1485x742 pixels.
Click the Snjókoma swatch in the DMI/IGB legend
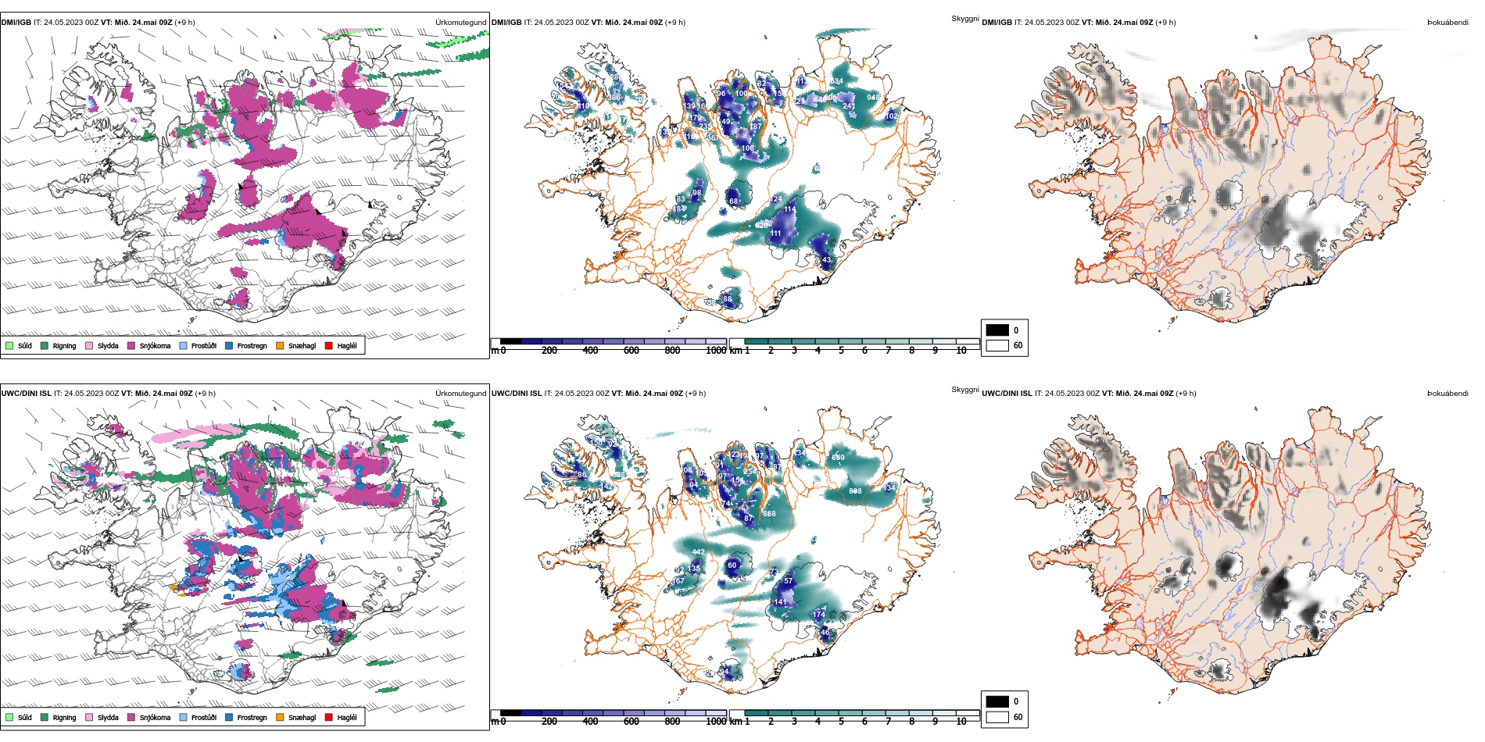(x=131, y=345)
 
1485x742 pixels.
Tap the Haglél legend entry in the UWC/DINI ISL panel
(x=329, y=717)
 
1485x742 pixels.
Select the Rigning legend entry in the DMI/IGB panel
(x=45, y=345)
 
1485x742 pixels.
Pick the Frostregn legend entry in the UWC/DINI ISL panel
(x=229, y=717)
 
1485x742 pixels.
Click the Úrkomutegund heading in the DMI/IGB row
(x=460, y=23)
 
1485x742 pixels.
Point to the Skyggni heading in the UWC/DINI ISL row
(x=964, y=389)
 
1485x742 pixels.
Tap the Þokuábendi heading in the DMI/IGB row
(x=1447, y=23)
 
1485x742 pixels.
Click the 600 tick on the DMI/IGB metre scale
(x=632, y=351)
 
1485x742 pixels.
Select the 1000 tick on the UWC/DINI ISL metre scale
(x=716, y=722)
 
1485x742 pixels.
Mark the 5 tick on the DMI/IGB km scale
(x=841, y=351)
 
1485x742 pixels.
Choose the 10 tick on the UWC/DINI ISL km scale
(x=961, y=722)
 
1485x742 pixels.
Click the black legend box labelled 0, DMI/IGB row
(x=997, y=330)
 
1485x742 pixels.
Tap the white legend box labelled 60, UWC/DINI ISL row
(x=997, y=717)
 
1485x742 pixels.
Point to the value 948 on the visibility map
(x=873, y=98)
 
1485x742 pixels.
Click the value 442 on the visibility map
(x=698, y=552)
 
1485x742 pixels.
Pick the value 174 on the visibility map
(x=818, y=615)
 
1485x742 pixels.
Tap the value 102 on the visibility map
(x=891, y=116)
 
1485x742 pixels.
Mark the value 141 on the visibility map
(x=780, y=602)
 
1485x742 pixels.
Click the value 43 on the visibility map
(x=826, y=260)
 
